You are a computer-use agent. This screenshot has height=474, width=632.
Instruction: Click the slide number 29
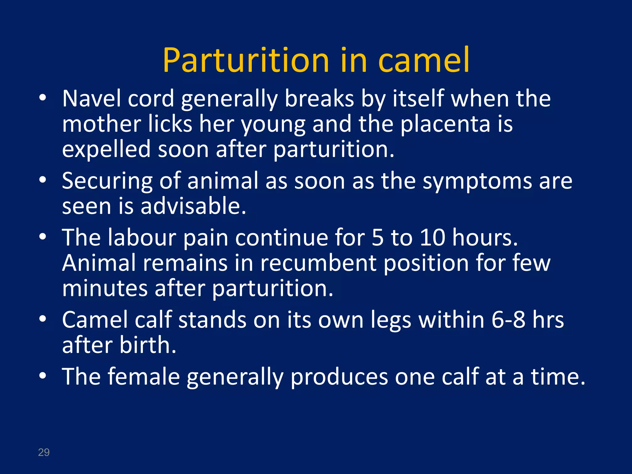tap(44, 452)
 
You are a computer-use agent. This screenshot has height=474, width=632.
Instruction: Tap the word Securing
tap(107, 181)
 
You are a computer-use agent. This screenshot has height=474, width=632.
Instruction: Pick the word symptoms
tap(477, 181)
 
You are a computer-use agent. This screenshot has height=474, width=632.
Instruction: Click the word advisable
tap(193, 206)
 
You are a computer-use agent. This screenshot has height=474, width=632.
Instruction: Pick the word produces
tap(339, 377)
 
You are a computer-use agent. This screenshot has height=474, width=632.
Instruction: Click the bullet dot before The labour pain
tap(43, 236)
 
